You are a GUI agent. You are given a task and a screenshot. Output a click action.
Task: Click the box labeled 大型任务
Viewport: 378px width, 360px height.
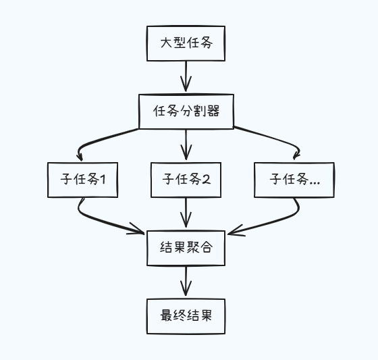click(x=186, y=44)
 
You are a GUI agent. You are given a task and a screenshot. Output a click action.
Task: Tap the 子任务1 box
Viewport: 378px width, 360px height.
click(x=82, y=180)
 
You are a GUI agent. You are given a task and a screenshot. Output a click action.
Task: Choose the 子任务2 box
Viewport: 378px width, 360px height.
click(x=186, y=180)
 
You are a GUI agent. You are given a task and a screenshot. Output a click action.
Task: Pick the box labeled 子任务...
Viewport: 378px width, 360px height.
click(x=294, y=180)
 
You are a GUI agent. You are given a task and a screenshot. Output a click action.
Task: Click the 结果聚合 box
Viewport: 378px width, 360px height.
click(x=186, y=248)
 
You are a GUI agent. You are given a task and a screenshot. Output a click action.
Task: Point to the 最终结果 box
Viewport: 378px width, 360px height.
click(x=186, y=315)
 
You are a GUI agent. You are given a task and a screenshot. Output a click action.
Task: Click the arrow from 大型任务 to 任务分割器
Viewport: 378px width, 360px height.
click(x=186, y=76)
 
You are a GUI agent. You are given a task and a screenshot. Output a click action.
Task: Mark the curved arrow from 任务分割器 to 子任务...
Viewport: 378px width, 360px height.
click(x=270, y=138)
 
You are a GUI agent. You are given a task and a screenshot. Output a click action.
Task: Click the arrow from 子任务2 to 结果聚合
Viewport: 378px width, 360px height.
click(x=186, y=213)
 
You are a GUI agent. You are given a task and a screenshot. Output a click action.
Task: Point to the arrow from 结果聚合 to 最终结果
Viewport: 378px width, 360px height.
click(x=186, y=282)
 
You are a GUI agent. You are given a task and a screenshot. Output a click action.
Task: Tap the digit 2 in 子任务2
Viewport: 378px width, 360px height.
click(x=207, y=180)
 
